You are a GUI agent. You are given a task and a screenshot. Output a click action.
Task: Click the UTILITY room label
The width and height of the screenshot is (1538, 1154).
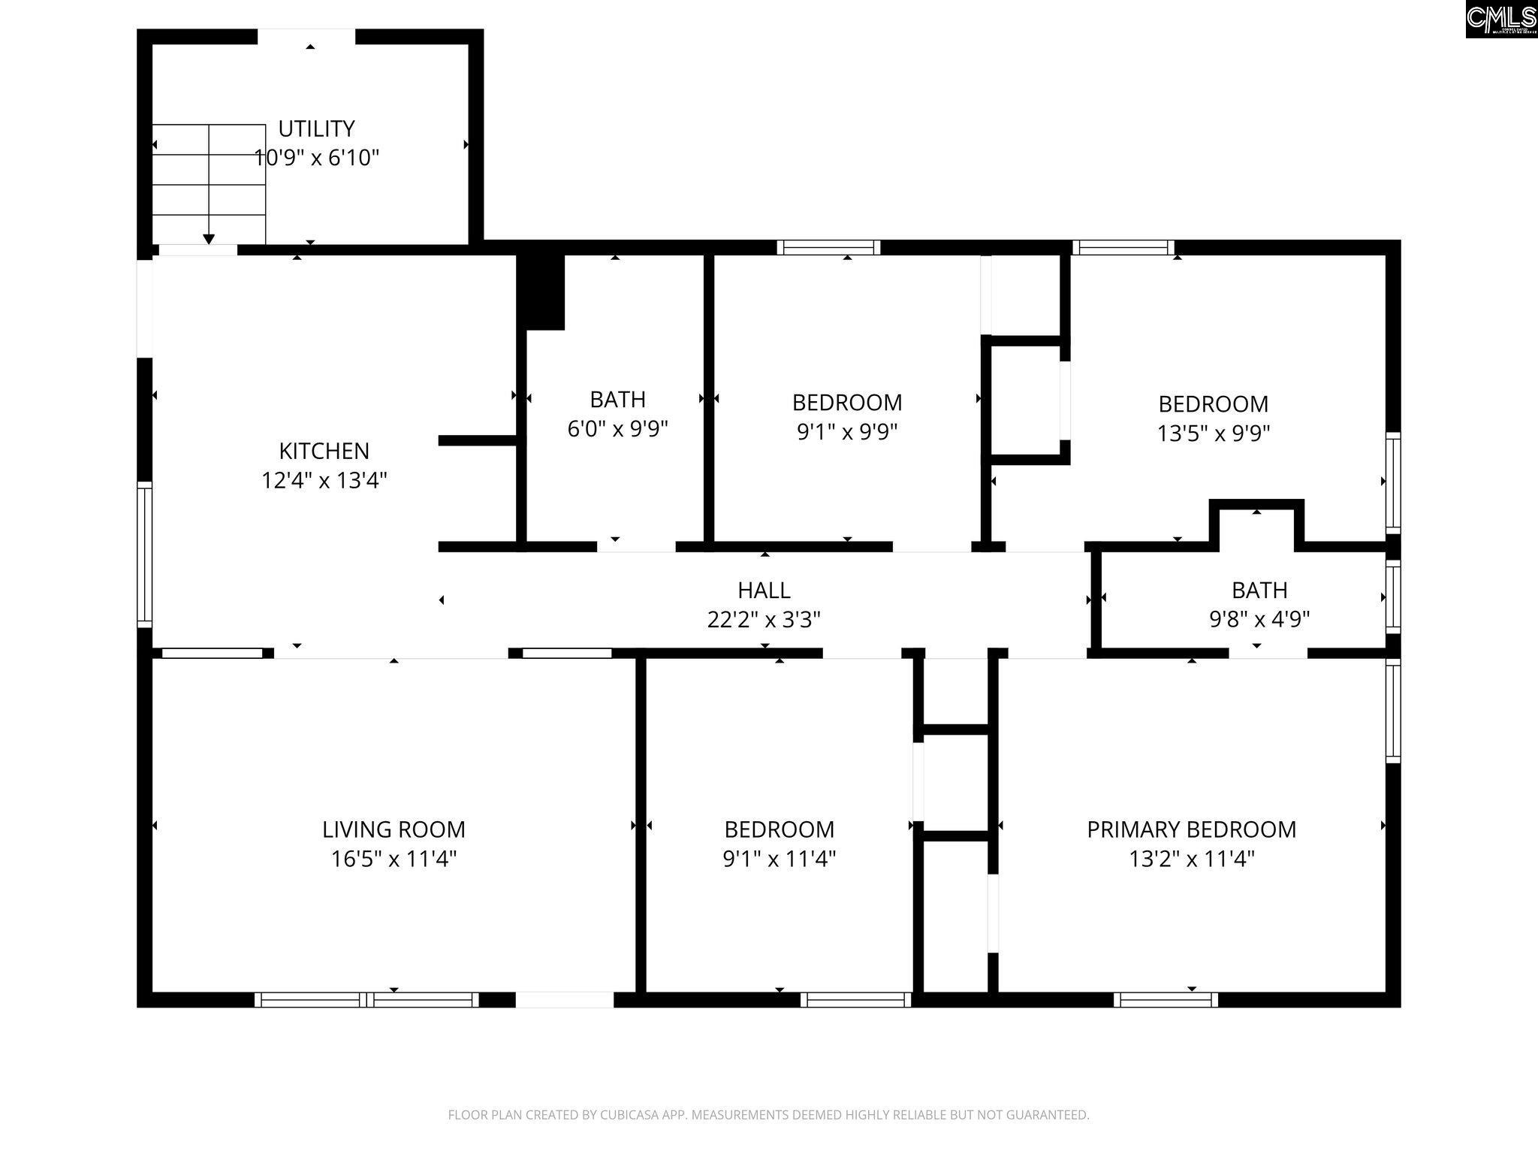[x=316, y=128]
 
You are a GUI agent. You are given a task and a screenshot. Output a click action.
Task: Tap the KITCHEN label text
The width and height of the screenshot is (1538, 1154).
[x=324, y=451]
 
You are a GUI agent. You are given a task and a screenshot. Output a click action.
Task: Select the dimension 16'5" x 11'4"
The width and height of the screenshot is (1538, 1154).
[x=394, y=859]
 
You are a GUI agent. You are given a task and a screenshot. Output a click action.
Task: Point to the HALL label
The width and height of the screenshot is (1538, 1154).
[x=764, y=590]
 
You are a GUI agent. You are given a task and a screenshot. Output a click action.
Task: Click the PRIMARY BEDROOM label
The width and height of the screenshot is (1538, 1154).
[x=1192, y=829]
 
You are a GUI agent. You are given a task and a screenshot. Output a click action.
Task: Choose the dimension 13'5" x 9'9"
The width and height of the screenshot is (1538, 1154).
[x=1214, y=434]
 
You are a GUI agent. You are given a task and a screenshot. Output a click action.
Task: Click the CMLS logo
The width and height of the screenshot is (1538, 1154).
[x=1501, y=19]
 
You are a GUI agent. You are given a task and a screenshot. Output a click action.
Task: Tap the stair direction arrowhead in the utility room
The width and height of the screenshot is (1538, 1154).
[x=209, y=239]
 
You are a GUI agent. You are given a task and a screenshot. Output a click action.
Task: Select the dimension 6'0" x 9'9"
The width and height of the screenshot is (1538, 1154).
[x=617, y=429]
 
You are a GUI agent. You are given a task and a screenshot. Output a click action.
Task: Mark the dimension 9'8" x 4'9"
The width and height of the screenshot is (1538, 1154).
[x=1259, y=619]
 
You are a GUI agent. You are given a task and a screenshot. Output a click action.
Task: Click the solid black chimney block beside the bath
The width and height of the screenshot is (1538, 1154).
[x=541, y=292]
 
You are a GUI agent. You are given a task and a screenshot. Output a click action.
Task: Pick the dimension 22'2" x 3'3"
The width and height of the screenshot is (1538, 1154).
[x=764, y=620]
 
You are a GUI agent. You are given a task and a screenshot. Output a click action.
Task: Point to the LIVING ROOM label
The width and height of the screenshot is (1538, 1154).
[x=394, y=829]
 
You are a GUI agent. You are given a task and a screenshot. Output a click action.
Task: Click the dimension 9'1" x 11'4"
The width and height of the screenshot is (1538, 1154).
[x=779, y=859]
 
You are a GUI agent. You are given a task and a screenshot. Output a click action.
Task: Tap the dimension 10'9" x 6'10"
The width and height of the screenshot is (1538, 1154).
[x=316, y=158]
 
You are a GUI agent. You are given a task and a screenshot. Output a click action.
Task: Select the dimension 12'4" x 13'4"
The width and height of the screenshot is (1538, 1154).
[x=324, y=480]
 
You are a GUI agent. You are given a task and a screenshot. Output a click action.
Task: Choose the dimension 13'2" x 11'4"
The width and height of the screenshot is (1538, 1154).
[x=1192, y=859]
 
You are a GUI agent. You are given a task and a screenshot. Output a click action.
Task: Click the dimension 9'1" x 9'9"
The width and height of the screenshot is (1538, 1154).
[x=847, y=432]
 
